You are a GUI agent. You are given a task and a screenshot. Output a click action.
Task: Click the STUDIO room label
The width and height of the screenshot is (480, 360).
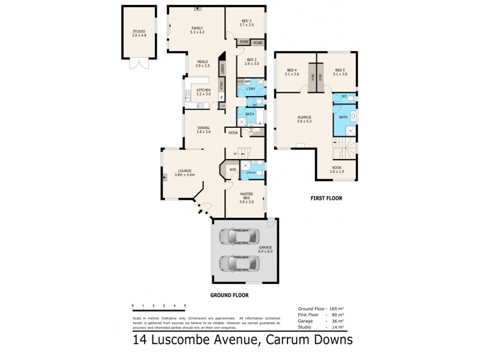coord(139,32)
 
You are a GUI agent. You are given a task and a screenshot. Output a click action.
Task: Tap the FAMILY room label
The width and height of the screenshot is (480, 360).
coord(197,28)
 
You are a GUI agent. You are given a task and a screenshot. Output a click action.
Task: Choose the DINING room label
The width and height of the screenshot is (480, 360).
coord(204,128)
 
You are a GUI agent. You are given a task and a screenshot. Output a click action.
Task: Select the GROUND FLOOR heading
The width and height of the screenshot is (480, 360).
coord(229,295)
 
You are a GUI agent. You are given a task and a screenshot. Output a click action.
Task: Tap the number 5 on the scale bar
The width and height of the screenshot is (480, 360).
coord(185,306)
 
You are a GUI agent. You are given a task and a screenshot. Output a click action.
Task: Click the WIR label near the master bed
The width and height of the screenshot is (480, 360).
coord(232,170)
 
